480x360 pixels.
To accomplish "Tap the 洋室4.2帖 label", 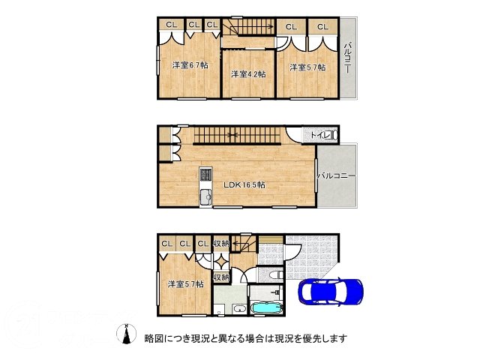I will coord(247,73).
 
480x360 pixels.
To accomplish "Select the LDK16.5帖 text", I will coord(244,184).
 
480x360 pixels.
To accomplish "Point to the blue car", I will coord(331,291).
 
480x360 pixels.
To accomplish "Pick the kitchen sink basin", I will coord(205,196).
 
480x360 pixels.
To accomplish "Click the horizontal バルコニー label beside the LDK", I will coord(335,175).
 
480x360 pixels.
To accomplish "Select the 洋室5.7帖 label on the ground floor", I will coord(184,284).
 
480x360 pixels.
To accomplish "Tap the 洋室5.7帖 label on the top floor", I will coord(307,67).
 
